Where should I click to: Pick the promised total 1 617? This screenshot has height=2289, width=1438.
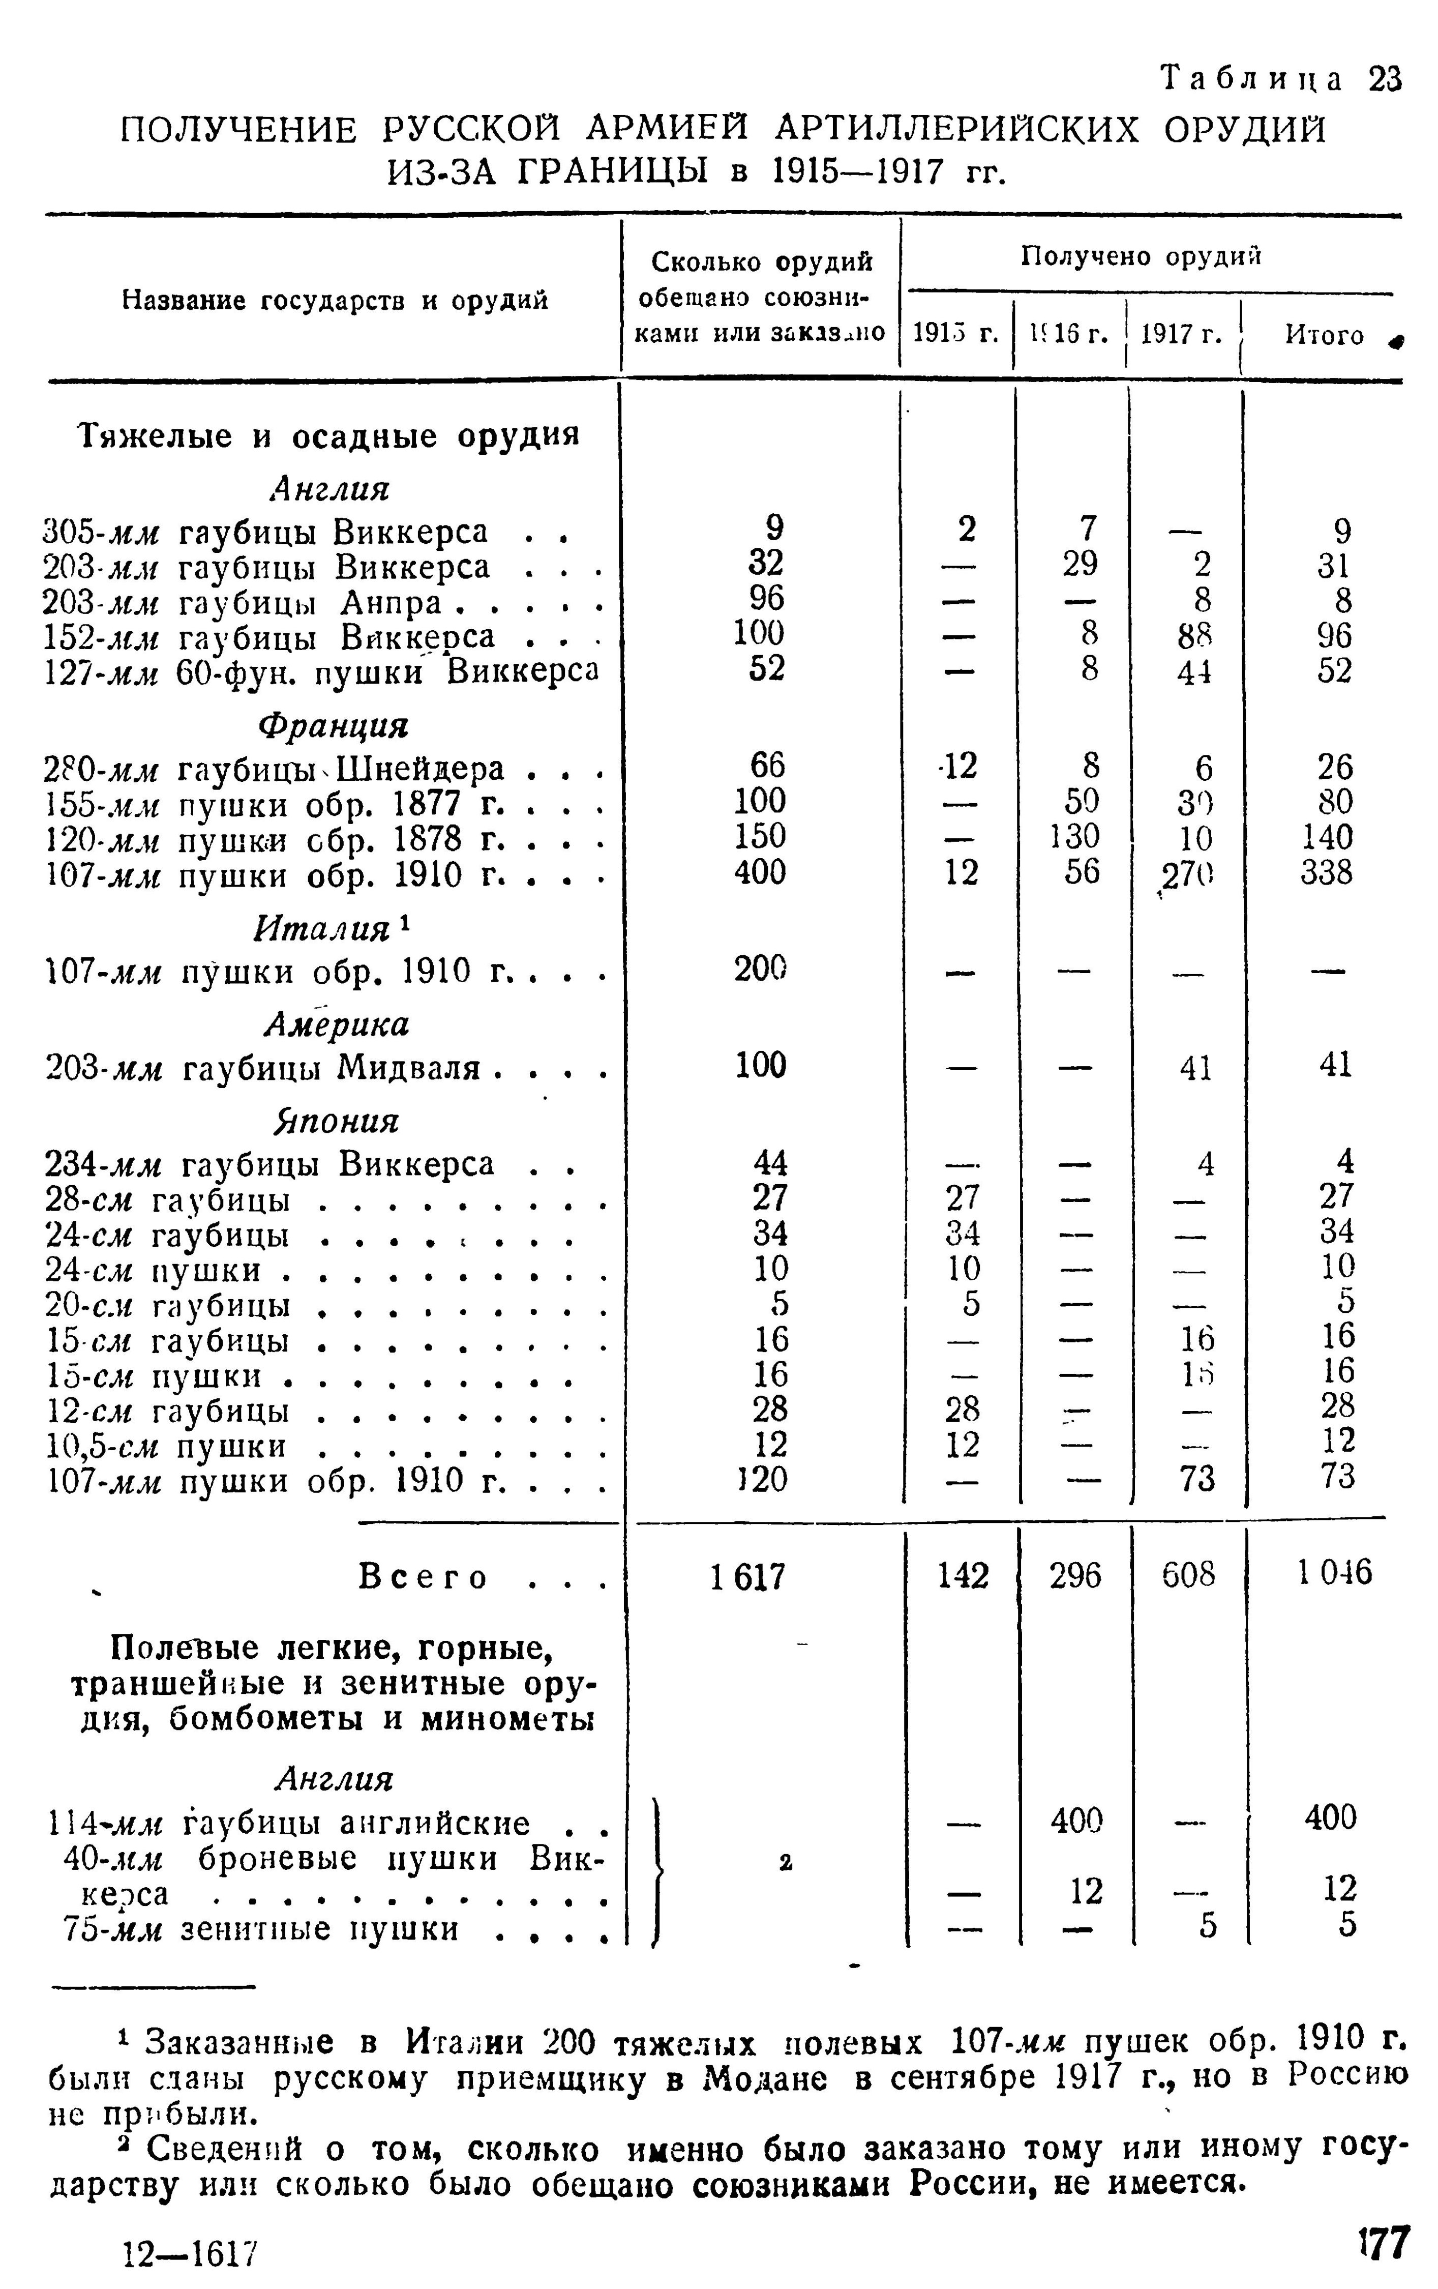[748, 1577]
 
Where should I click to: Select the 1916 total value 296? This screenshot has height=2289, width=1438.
[1075, 1575]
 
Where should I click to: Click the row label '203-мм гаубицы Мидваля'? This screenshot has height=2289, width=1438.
[323, 1067]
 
